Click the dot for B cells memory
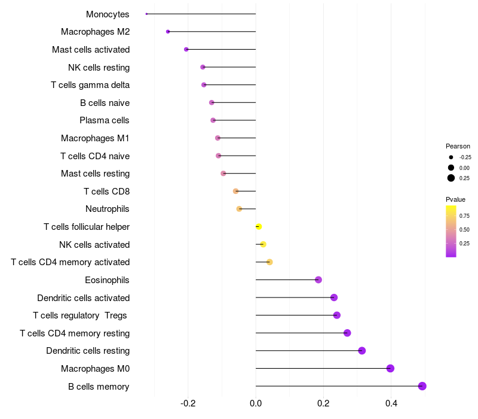tap(422, 386)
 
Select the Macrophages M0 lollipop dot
tap(390, 368)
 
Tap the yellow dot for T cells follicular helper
tap(259, 227)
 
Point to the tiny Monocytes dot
tap(146, 14)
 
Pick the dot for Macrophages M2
tap(168, 32)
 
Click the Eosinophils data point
tap(318, 280)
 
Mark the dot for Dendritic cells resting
tap(361, 351)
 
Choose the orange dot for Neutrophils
tap(239, 209)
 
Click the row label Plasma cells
tap(105, 120)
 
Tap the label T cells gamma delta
tap(90, 85)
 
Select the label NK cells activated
tap(94, 244)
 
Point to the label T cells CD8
tap(107, 192)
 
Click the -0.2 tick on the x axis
tap(188, 403)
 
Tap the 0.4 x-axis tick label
tap(391, 403)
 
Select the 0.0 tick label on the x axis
tap(256, 403)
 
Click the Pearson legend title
tap(458, 146)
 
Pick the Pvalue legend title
tap(456, 199)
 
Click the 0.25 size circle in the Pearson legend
tap(451, 178)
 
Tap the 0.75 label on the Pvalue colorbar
tap(464, 216)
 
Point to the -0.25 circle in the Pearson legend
tap(451, 157)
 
